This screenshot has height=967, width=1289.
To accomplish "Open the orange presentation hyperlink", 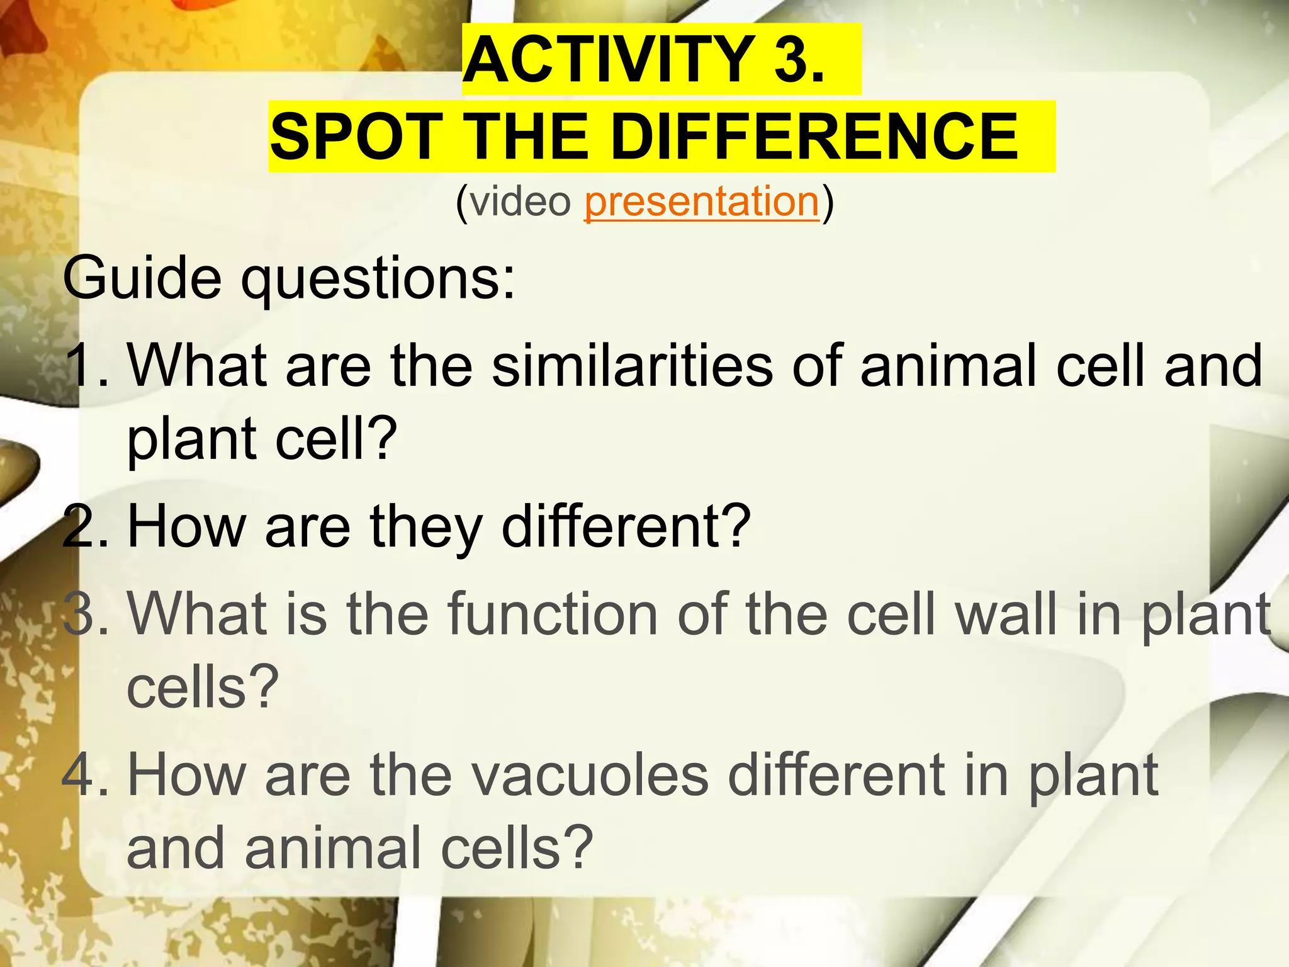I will [x=702, y=202].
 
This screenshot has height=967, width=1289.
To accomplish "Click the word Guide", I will [x=142, y=278].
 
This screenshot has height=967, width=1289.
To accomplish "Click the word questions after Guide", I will [x=378, y=278].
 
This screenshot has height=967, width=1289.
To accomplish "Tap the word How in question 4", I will [x=186, y=775].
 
